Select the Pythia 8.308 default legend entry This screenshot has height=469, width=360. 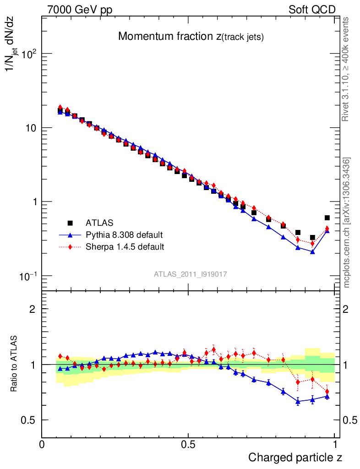[124, 235]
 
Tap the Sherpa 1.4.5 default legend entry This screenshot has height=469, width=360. [125, 247]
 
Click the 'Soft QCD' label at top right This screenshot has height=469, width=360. [312, 10]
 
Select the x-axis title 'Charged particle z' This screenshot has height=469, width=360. [295, 457]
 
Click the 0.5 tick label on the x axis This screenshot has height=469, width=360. [188, 444]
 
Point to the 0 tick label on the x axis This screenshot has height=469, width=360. [42, 444]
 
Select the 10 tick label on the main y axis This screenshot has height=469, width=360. [30, 128]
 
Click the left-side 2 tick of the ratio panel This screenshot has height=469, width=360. [33, 309]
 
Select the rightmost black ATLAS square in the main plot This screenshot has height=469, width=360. [327, 218]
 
